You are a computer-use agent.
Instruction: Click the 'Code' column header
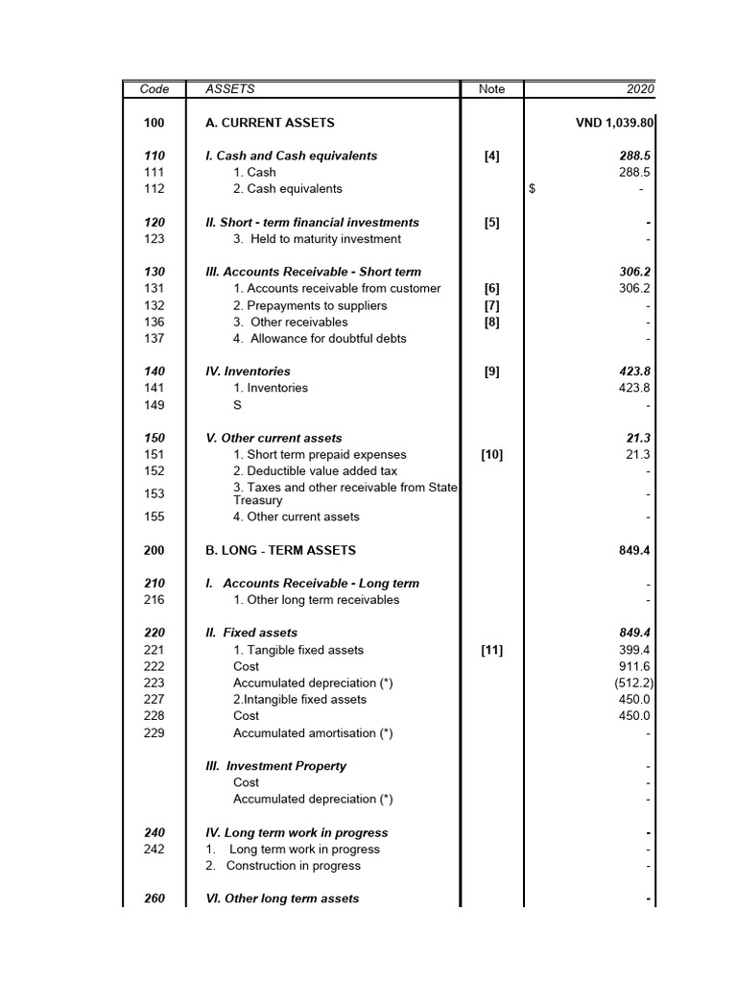(155, 89)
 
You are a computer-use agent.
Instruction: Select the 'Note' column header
(491, 89)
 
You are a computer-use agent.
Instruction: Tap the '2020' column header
(639, 89)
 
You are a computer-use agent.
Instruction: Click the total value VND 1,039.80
(614, 123)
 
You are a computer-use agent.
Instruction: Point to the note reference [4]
(491, 156)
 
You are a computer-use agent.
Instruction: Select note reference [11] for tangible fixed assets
(491, 650)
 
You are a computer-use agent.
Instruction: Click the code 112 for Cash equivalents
(155, 189)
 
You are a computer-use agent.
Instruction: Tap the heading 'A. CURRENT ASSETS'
(270, 123)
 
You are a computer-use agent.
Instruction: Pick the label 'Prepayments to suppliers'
(310, 305)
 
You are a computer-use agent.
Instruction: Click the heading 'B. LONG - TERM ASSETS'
(280, 550)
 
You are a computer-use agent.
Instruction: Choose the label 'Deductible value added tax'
(315, 471)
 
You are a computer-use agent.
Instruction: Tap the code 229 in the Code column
(155, 733)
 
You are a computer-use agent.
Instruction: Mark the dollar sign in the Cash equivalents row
(532, 189)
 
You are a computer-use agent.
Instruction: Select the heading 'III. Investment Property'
(276, 766)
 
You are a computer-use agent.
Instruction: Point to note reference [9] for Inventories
(491, 372)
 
